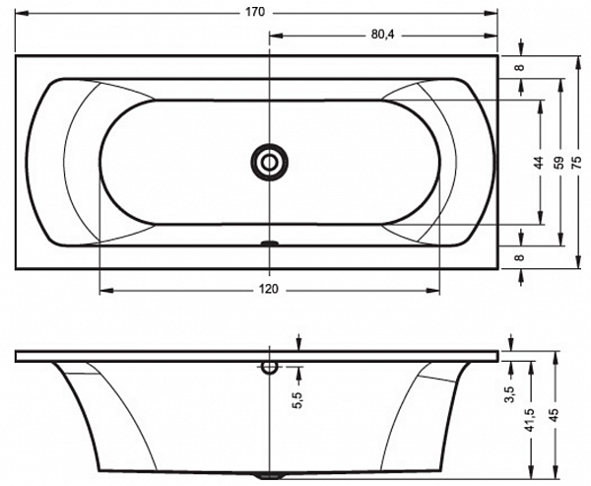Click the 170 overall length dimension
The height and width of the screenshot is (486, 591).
255,12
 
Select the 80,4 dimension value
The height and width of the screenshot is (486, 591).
382,35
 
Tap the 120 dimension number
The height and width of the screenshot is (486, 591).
269,289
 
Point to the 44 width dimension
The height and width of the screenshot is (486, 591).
539,163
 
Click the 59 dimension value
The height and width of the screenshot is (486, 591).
559,163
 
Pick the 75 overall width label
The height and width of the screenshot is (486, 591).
577,163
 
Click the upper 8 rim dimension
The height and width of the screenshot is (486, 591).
520,68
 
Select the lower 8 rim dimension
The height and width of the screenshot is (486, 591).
520,257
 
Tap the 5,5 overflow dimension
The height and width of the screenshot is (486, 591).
297,400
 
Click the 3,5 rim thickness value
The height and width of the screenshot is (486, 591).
510,394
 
